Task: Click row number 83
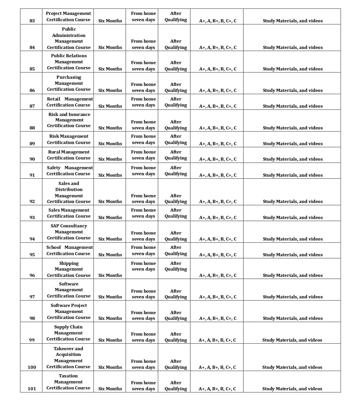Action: (x=32, y=21)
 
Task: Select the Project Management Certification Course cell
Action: (x=68, y=17)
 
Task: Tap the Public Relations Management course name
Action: (x=69, y=62)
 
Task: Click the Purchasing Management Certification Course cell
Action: (x=69, y=83)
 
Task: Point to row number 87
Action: (x=32, y=106)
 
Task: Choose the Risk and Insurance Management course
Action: (x=69, y=120)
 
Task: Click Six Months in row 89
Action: (x=110, y=144)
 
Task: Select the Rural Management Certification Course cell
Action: (x=69, y=155)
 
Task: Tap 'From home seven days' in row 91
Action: (x=143, y=171)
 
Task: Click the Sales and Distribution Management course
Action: (x=69, y=192)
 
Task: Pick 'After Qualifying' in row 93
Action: (x=175, y=213)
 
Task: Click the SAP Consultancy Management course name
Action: (x=69, y=232)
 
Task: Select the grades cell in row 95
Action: (x=218, y=255)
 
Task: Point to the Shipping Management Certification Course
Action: (x=69, y=269)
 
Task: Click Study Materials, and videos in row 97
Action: (x=292, y=297)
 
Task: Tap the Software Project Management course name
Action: (x=69, y=312)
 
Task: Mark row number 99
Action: (x=32, y=340)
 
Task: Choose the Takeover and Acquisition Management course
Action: (x=68, y=358)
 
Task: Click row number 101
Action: (x=32, y=389)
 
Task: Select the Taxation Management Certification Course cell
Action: (x=68, y=382)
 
